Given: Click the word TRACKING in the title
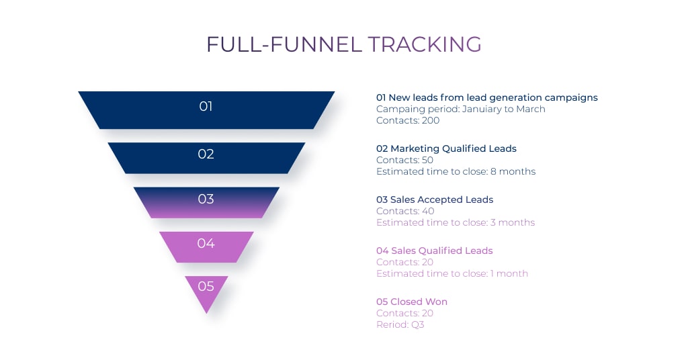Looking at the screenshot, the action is (425, 44).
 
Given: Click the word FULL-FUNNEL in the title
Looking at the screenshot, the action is (284, 44).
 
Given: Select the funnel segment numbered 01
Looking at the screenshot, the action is (206, 110).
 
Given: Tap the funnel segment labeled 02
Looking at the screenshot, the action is (206, 158).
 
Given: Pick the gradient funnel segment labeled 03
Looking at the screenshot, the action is (206, 203).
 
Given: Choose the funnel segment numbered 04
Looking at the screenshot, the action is (206, 247).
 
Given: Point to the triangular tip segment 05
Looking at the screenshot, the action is (206, 290).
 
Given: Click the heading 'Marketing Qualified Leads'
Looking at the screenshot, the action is (454, 148).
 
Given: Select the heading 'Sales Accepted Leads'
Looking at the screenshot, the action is (441, 199).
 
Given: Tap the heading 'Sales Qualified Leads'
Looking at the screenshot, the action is (442, 251).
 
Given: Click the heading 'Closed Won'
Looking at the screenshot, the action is (419, 302).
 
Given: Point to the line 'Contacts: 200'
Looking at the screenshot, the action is (408, 121).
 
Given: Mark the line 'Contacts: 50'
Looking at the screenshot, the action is (404, 160).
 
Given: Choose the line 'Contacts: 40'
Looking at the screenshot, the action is (405, 211).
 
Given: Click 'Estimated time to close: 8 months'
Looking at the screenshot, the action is (456, 171).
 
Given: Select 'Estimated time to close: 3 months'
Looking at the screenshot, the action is (456, 222).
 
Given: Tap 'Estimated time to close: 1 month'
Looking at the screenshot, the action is (452, 273).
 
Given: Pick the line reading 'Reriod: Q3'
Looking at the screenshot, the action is (400, 324).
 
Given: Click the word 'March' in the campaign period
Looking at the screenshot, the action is (531, 109).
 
